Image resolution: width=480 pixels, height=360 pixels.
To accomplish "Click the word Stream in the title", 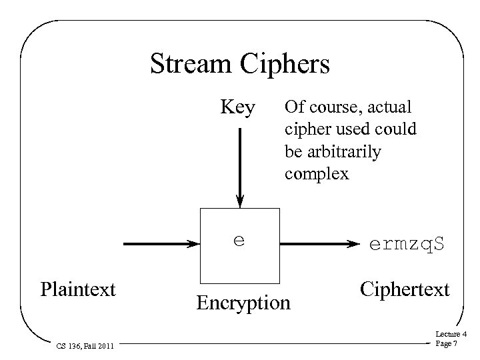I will (188, 65).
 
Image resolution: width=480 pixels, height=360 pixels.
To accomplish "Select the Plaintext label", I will (78, 289).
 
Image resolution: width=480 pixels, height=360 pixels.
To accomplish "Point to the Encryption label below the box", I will (243, 303).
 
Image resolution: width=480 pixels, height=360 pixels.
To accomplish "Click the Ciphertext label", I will (404, 289).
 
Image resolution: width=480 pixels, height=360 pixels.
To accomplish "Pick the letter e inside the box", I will (238, 240).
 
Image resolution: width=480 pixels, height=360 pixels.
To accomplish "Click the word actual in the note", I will (389, 107).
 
